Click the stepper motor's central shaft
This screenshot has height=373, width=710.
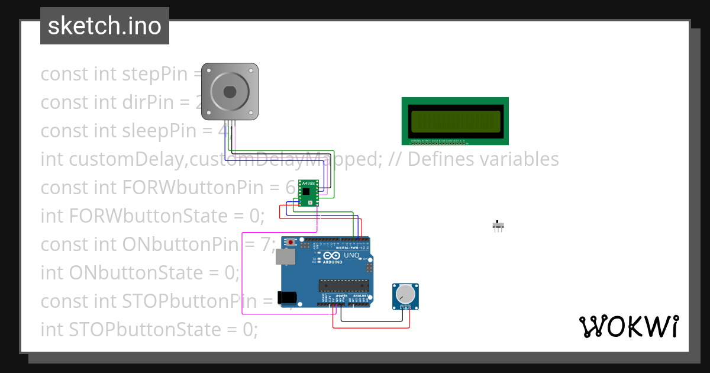click(x=230, y=92)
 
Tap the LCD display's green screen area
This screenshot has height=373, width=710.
click(x=454, y=121)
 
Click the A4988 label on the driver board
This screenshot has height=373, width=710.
click(x=308, y=185)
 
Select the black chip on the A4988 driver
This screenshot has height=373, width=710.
click(x=306, y=191)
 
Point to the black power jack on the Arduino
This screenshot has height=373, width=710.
click(x=288, y=298)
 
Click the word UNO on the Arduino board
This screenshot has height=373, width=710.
click(x=351, y=255)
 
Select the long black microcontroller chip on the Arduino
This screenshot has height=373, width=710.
click(x=344, y=285)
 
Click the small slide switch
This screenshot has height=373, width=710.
click(x=499, y=225)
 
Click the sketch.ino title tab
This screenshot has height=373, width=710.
click(x=105, y=26)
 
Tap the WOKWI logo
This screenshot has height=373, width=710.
click(x=628, y=326)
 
